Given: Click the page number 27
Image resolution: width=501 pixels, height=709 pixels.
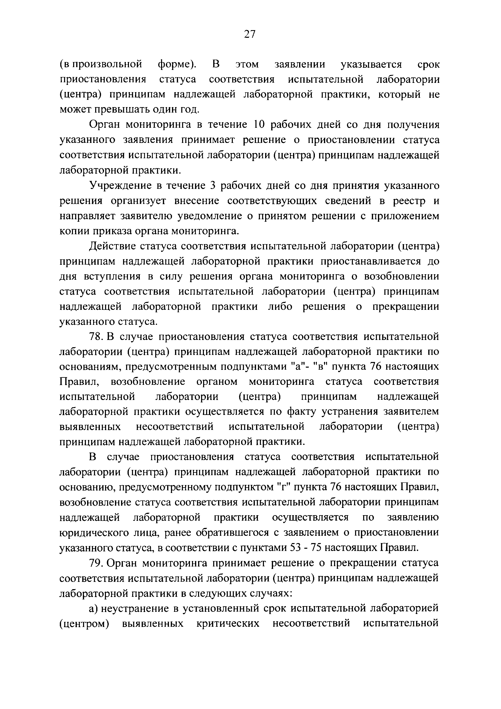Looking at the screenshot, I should tap(250, 34).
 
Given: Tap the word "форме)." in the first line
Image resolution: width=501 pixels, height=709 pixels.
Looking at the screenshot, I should tap(177, 64).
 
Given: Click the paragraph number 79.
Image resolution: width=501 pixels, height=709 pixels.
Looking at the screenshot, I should tap(96, 563).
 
